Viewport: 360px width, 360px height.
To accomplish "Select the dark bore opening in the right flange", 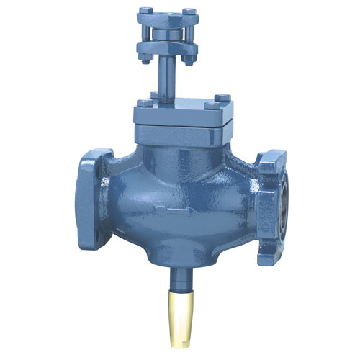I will tap(284, 194).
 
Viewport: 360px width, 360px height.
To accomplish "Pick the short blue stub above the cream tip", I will tap(178, 276).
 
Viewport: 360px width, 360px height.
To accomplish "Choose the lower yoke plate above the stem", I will tap(167, 49).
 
